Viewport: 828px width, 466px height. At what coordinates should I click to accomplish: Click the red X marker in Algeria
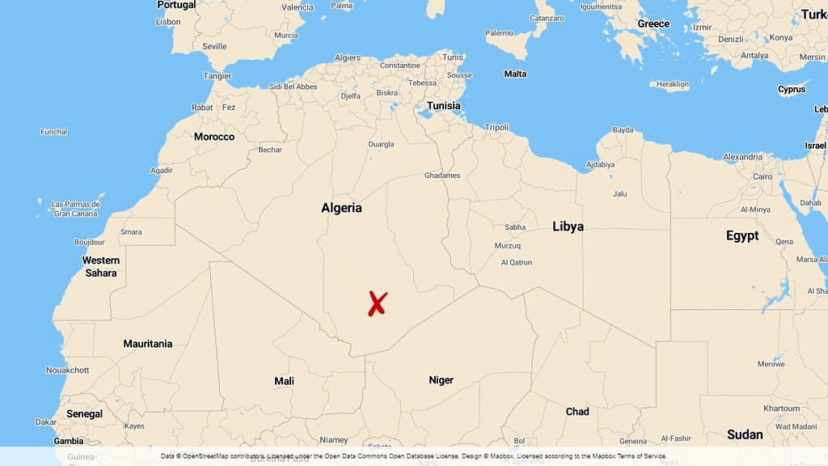pos(377,303)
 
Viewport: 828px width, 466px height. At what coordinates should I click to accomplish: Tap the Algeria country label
pos(341,208)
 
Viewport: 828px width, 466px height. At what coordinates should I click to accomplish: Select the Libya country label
pos(568,227)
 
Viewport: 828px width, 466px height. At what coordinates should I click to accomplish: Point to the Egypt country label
pos(741,235)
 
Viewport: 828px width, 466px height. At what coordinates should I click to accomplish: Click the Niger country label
pos(441,380)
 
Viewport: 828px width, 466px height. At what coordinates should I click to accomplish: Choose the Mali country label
pos(284,381)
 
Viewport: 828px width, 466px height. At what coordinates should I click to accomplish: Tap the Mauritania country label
pos(147,344)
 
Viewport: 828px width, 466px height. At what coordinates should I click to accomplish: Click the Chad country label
pos(577,412)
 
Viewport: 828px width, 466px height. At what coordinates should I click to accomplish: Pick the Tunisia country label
pos(443,106)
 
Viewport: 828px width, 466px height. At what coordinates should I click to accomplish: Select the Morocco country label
pos(213,137)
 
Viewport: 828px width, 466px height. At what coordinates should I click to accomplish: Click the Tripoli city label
pos(496,127)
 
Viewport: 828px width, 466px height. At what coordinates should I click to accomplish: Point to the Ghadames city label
pos(441,176)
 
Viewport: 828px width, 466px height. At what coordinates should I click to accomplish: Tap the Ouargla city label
pos(381,145)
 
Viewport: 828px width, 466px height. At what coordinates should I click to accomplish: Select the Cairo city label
pos(763,176)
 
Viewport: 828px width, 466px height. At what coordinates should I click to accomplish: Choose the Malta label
pos(515,74)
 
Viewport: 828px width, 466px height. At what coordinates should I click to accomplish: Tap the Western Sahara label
pos(101,266)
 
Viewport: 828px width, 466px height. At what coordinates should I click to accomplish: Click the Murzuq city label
pos(508,245)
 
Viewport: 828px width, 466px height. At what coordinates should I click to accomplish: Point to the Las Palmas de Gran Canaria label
pos(74,209)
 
